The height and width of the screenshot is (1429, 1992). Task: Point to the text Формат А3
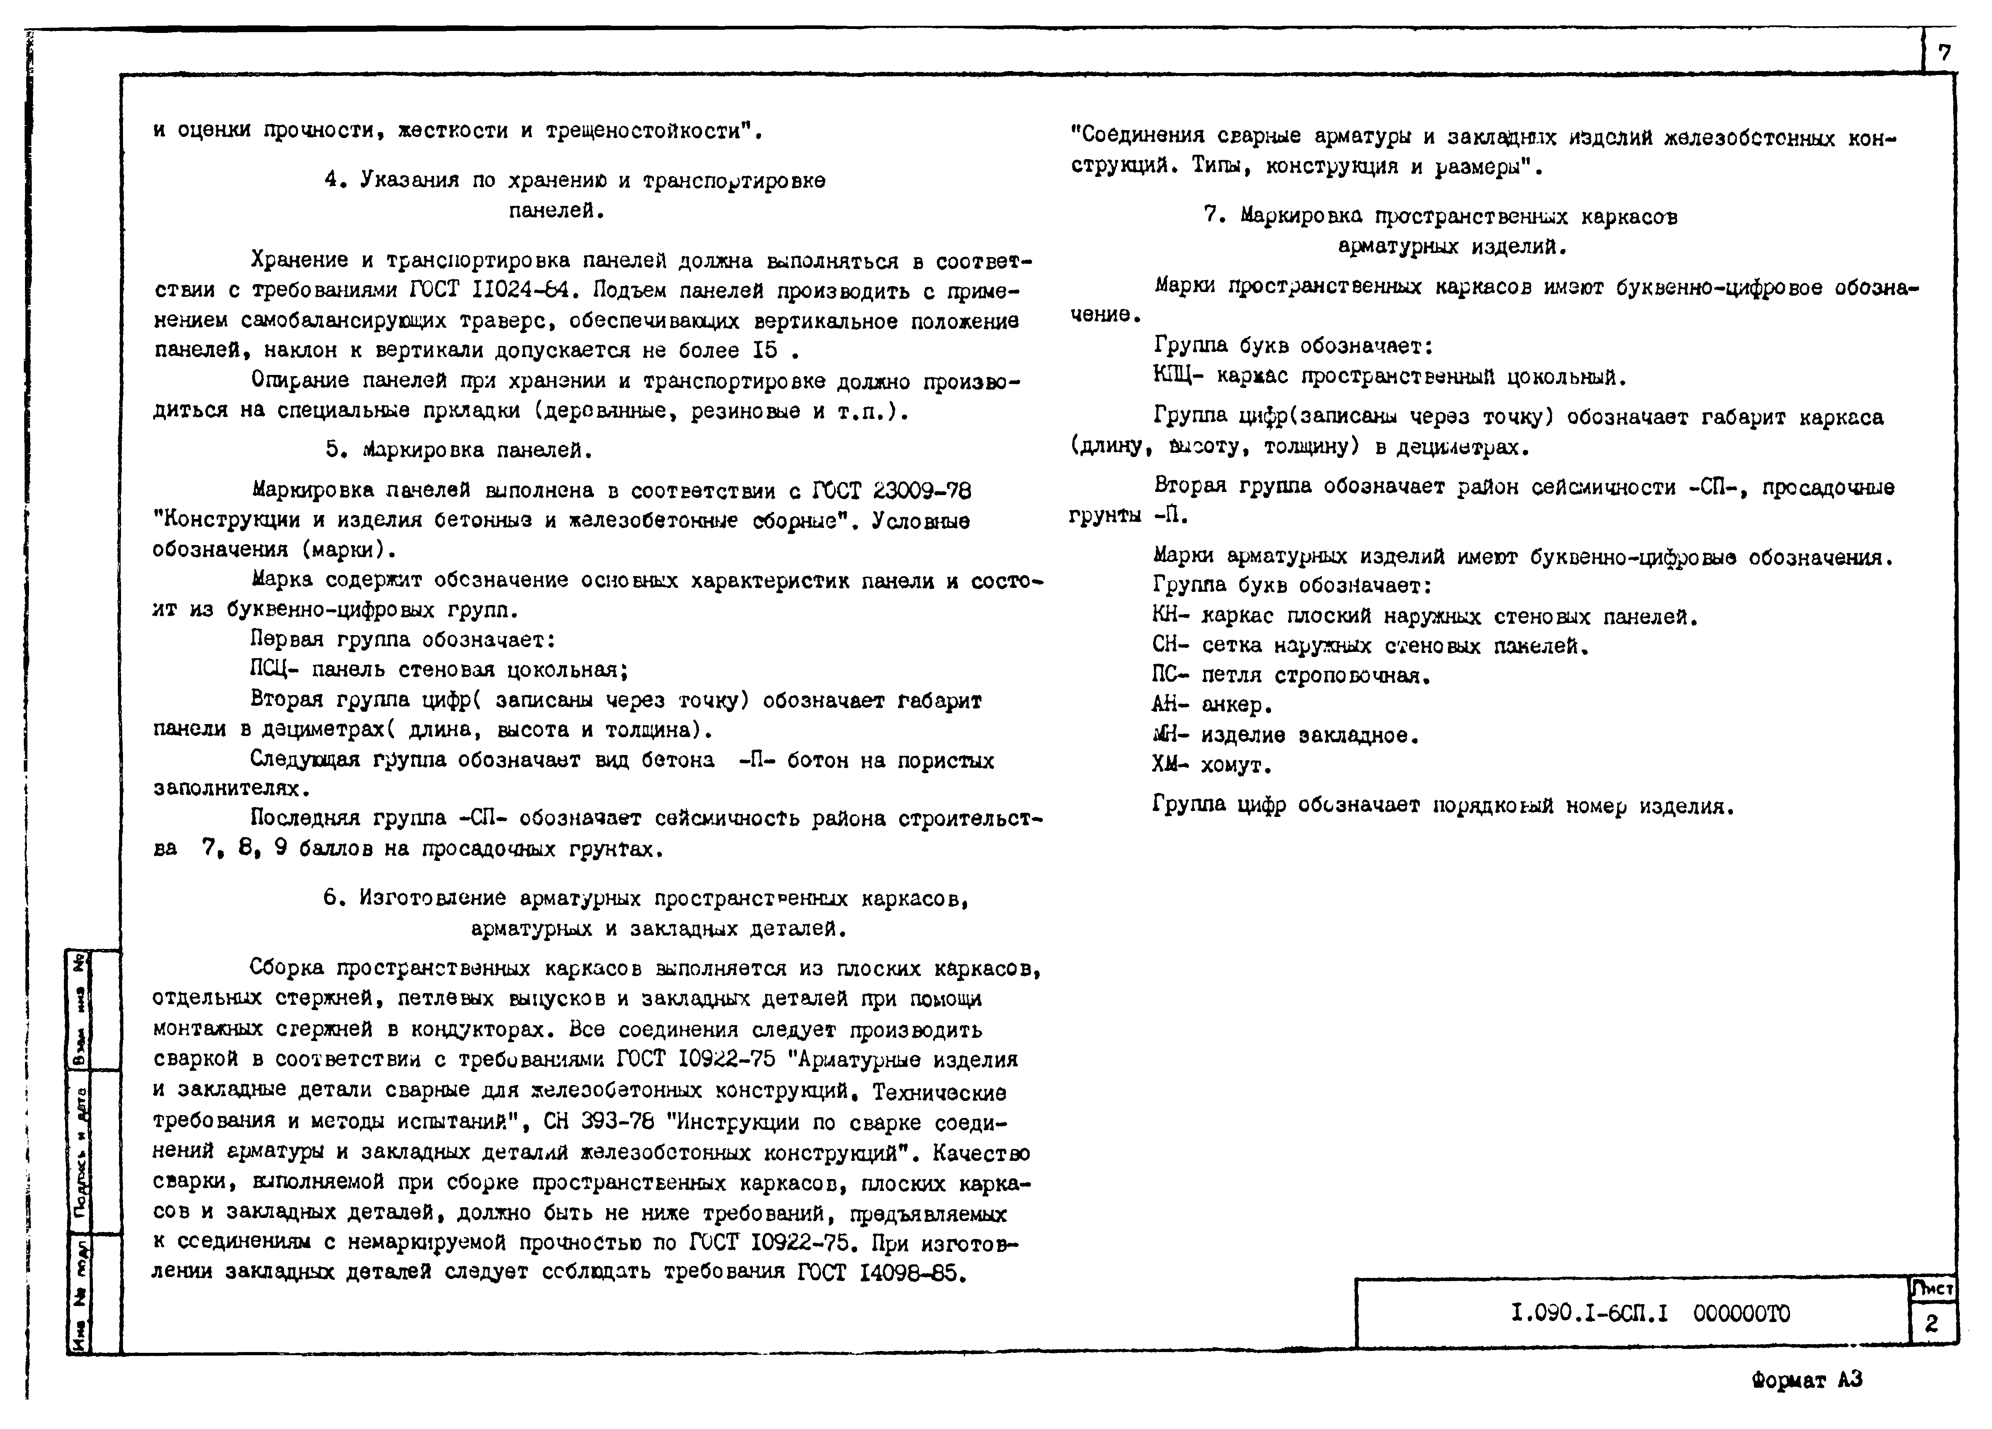pyautogui.click(x=1807, y=1380)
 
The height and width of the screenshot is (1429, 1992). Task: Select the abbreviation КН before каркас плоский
pyautogui.click(x=1169, y=617)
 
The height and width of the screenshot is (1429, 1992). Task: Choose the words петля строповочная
pyautogui.click(x=1315, y=675)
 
